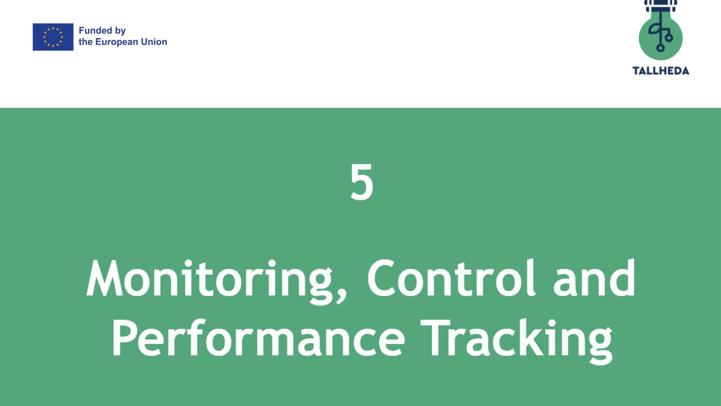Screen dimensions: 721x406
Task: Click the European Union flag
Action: point(53,37)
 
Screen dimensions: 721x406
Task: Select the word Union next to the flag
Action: point(154,42)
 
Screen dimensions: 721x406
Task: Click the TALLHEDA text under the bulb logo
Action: point(661,71)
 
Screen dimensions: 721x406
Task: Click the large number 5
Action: point(362,182)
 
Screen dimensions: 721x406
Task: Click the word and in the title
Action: point(594,278)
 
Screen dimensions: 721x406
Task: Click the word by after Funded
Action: point(120,31)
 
